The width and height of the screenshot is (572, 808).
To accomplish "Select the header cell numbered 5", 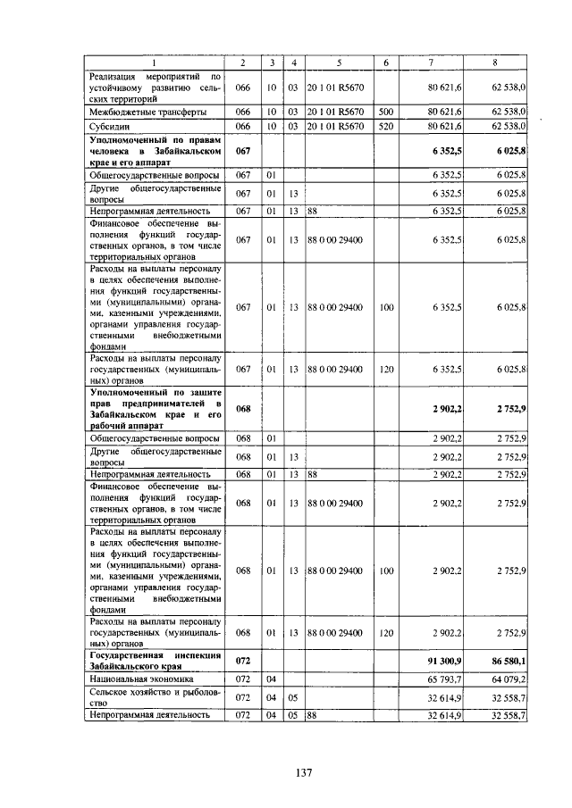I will [x=339, y=62].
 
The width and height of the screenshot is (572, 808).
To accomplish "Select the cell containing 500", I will [x=386, y=112].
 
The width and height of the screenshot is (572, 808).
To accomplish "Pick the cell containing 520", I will [x=386, y=128].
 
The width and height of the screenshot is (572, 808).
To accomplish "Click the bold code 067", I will [x=242, y=152].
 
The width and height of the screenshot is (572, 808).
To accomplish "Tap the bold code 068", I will [x=242, y=408].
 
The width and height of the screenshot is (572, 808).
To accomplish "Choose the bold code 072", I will [x=242, y=662].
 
